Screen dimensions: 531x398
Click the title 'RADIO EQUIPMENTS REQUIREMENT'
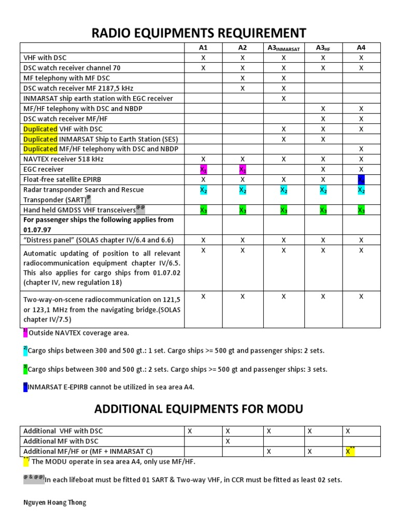(x=199, y=33)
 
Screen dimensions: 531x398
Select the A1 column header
(x=203, y=48)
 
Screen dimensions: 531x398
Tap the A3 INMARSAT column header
(x=283, y=48)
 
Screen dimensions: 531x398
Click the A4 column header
(x=361, y=48)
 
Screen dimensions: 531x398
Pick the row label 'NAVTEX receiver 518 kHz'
(x=63, y=159)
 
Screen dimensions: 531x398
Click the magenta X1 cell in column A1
(x=203, y=170)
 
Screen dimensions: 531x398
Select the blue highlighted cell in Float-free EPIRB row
(x=361, y=179)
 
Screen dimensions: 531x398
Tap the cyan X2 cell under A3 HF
(x=323, y=190)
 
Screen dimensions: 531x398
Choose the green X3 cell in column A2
(x=243, y=210)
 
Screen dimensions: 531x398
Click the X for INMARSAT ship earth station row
(x=283, y=99)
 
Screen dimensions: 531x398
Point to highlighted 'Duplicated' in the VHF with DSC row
(x=40, y=129)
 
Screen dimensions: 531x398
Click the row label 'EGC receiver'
(x=44, y=170)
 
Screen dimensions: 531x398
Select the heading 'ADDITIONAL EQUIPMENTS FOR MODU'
(x=198, y=410)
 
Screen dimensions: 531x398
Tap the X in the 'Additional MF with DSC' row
(x=228, y=441)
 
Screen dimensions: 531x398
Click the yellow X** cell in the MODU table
(x=350, y=452)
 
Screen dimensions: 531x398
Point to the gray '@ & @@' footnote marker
(x=33, y=479)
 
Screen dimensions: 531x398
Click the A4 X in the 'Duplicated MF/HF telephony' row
(x=361, y=149)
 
